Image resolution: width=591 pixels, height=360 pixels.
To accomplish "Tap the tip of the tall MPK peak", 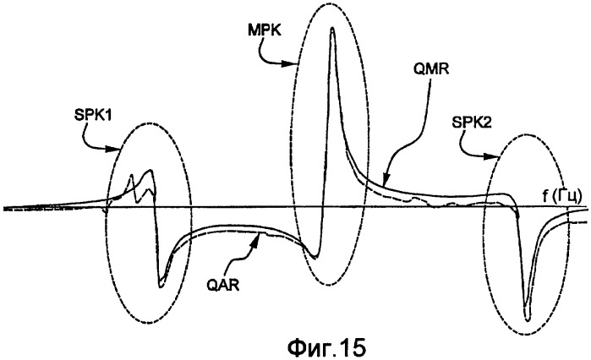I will tap(332, 29).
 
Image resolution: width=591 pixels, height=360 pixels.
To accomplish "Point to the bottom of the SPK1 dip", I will tap(161, 286).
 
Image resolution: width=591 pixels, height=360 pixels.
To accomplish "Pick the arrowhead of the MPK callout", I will tap(299, 65).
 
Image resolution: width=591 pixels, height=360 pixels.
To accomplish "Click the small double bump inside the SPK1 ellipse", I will tap(140, 179).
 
